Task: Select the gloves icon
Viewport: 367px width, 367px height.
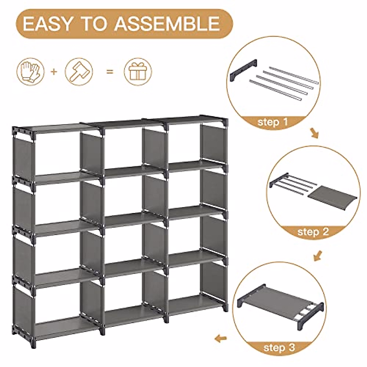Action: pos(30,72)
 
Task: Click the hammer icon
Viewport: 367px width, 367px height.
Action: pos(79,72)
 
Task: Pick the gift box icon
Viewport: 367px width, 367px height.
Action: pos(138,72)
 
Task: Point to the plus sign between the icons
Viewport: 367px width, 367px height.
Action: pos(54,72)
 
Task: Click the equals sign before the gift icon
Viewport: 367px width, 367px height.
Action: pos(109,72)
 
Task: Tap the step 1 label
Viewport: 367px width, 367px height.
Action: pos(272,123)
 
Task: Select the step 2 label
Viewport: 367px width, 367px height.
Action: pos(313,232)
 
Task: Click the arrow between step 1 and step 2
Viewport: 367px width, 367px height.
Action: pos(314,133)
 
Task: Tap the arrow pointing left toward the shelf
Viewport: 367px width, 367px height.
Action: pos(221,338)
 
